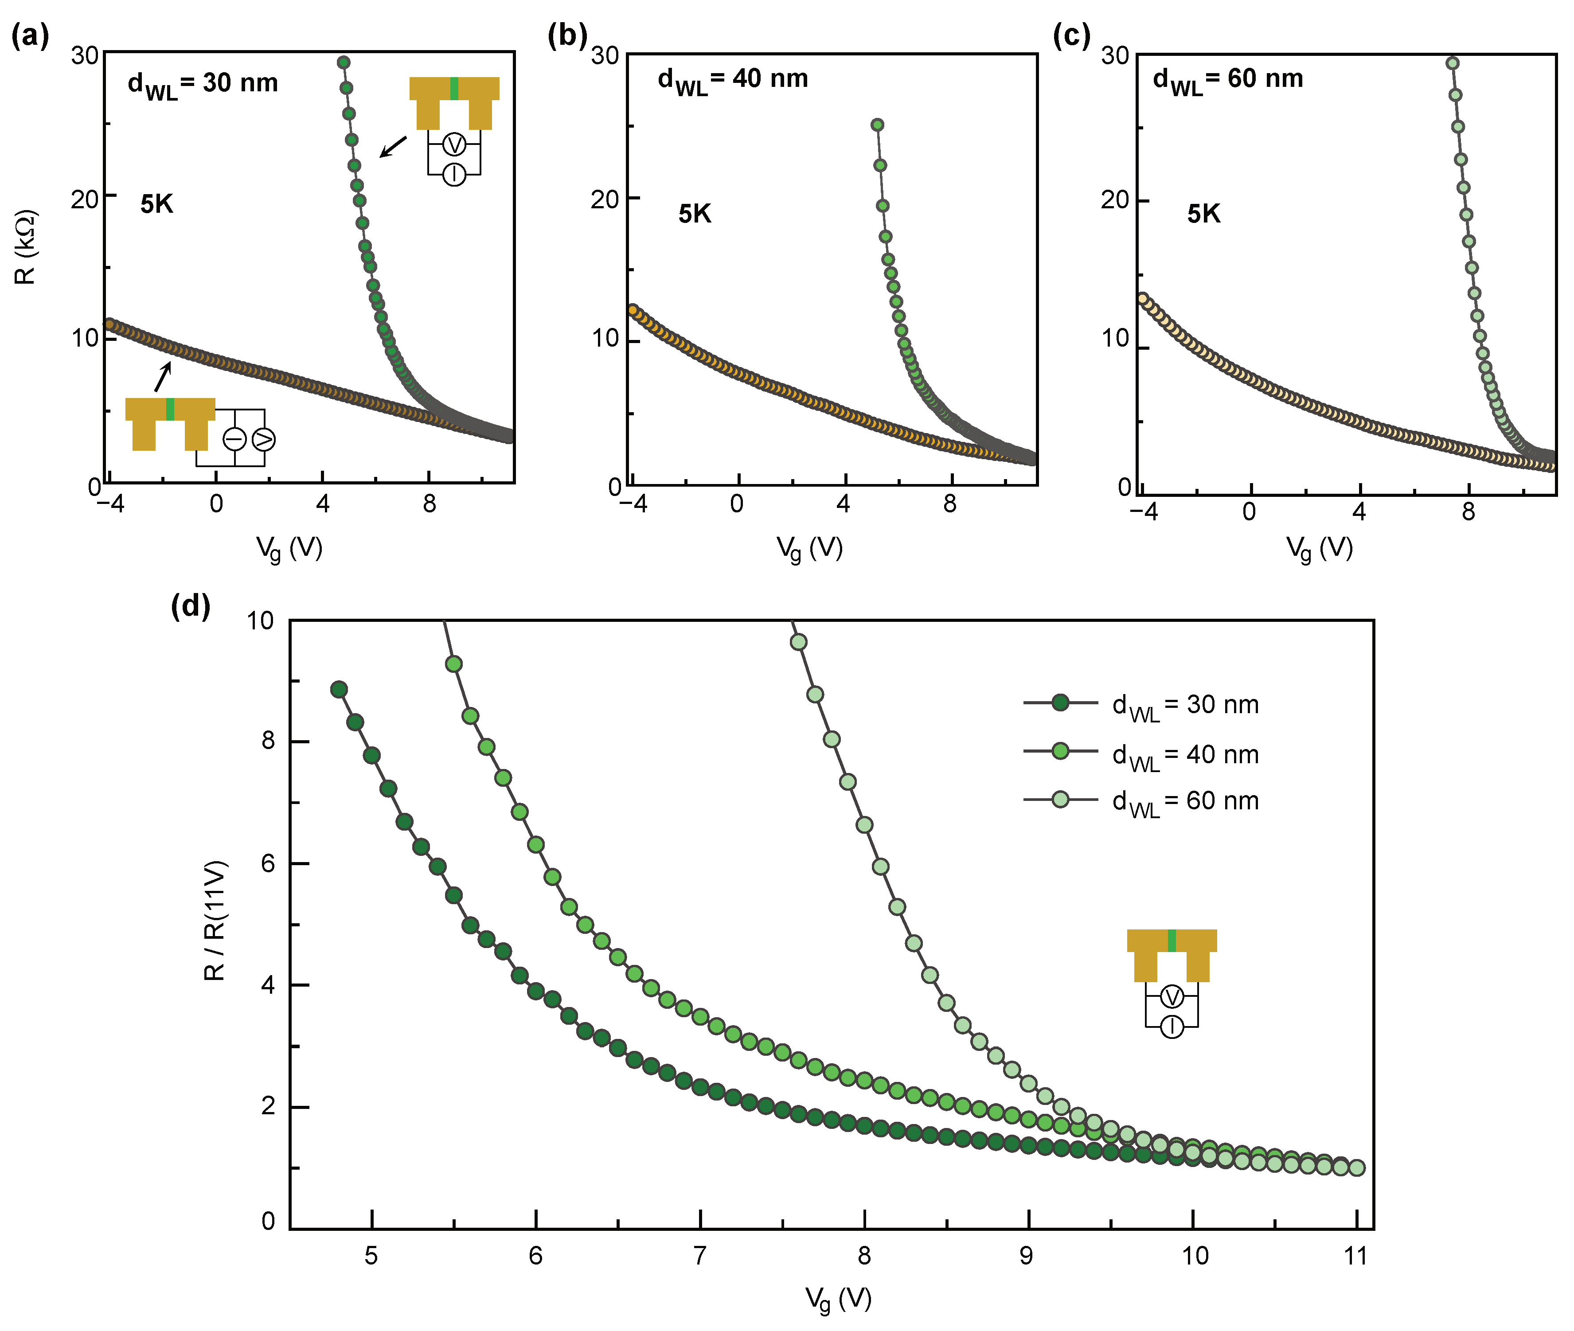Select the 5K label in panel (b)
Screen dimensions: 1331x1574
694,214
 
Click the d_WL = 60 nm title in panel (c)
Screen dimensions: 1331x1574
1228,80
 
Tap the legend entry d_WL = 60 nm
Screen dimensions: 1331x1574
1185,801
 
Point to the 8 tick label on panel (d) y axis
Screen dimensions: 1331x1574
268,741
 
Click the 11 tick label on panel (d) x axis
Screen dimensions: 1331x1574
1356,1256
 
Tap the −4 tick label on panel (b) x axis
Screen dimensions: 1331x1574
634,504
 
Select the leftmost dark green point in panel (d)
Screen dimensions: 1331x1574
339,689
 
